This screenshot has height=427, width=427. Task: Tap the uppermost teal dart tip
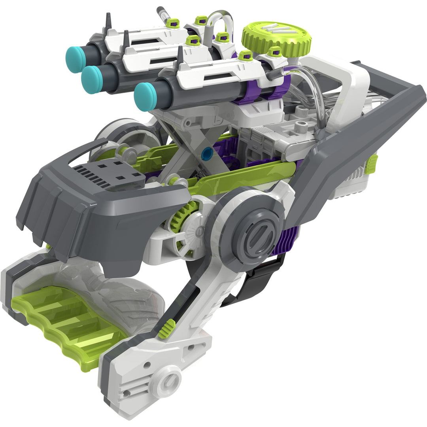pos(76,59)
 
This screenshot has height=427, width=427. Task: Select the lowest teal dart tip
pos(145,96)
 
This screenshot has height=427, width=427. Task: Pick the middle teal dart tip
pos(92,79)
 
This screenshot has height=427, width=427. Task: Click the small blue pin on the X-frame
pos(205,154)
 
